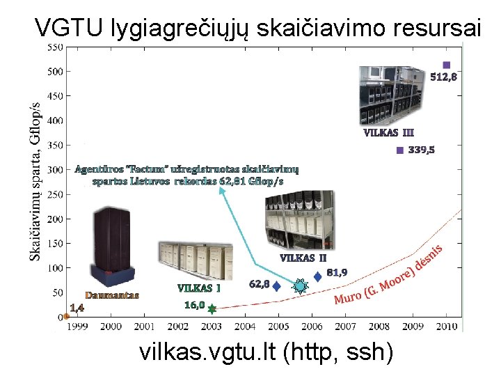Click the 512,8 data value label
click(x=443, y=77)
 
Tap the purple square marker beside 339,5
click(x=399, y=150)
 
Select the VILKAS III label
click(x=388, y=132)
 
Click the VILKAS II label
click(x=303, y=258)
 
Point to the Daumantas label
click(x=112, y=295)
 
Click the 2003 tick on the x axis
click(x=211, y=326)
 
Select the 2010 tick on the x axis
click(x=446, y=326)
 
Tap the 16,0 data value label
click(x=194, y=305)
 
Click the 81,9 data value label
click(x=337, y=272)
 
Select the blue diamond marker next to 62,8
click(x=276, y=285)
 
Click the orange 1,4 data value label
click(x=77, y=307)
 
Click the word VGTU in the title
click(x=69, y=28)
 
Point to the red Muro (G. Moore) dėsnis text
click(x=389, y=276)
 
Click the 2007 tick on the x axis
click(x=345, y=326)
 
